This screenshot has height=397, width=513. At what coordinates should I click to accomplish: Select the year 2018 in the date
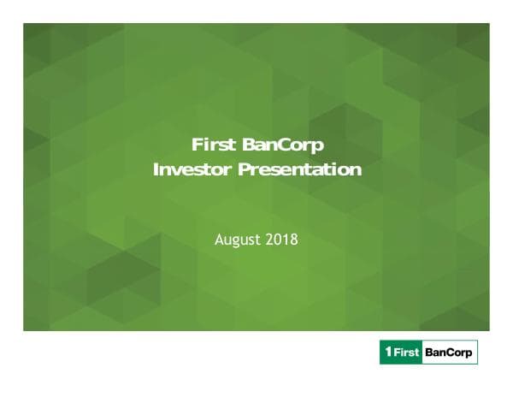click(x=281, y=240)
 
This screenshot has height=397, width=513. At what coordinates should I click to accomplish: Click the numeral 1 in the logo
click(x=388, y=352)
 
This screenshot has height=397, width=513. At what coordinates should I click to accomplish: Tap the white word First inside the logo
click(x=405, y=352)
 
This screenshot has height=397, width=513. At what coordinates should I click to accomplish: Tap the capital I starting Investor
click(x=156, y=169)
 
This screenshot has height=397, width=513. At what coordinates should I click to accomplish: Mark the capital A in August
click(x=219, y=240)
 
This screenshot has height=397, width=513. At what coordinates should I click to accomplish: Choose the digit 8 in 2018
click(x=293, y=240)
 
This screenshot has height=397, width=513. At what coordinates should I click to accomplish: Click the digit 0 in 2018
click(x=278, y=240)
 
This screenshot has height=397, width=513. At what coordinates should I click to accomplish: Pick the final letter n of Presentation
click(x=356, y=169)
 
